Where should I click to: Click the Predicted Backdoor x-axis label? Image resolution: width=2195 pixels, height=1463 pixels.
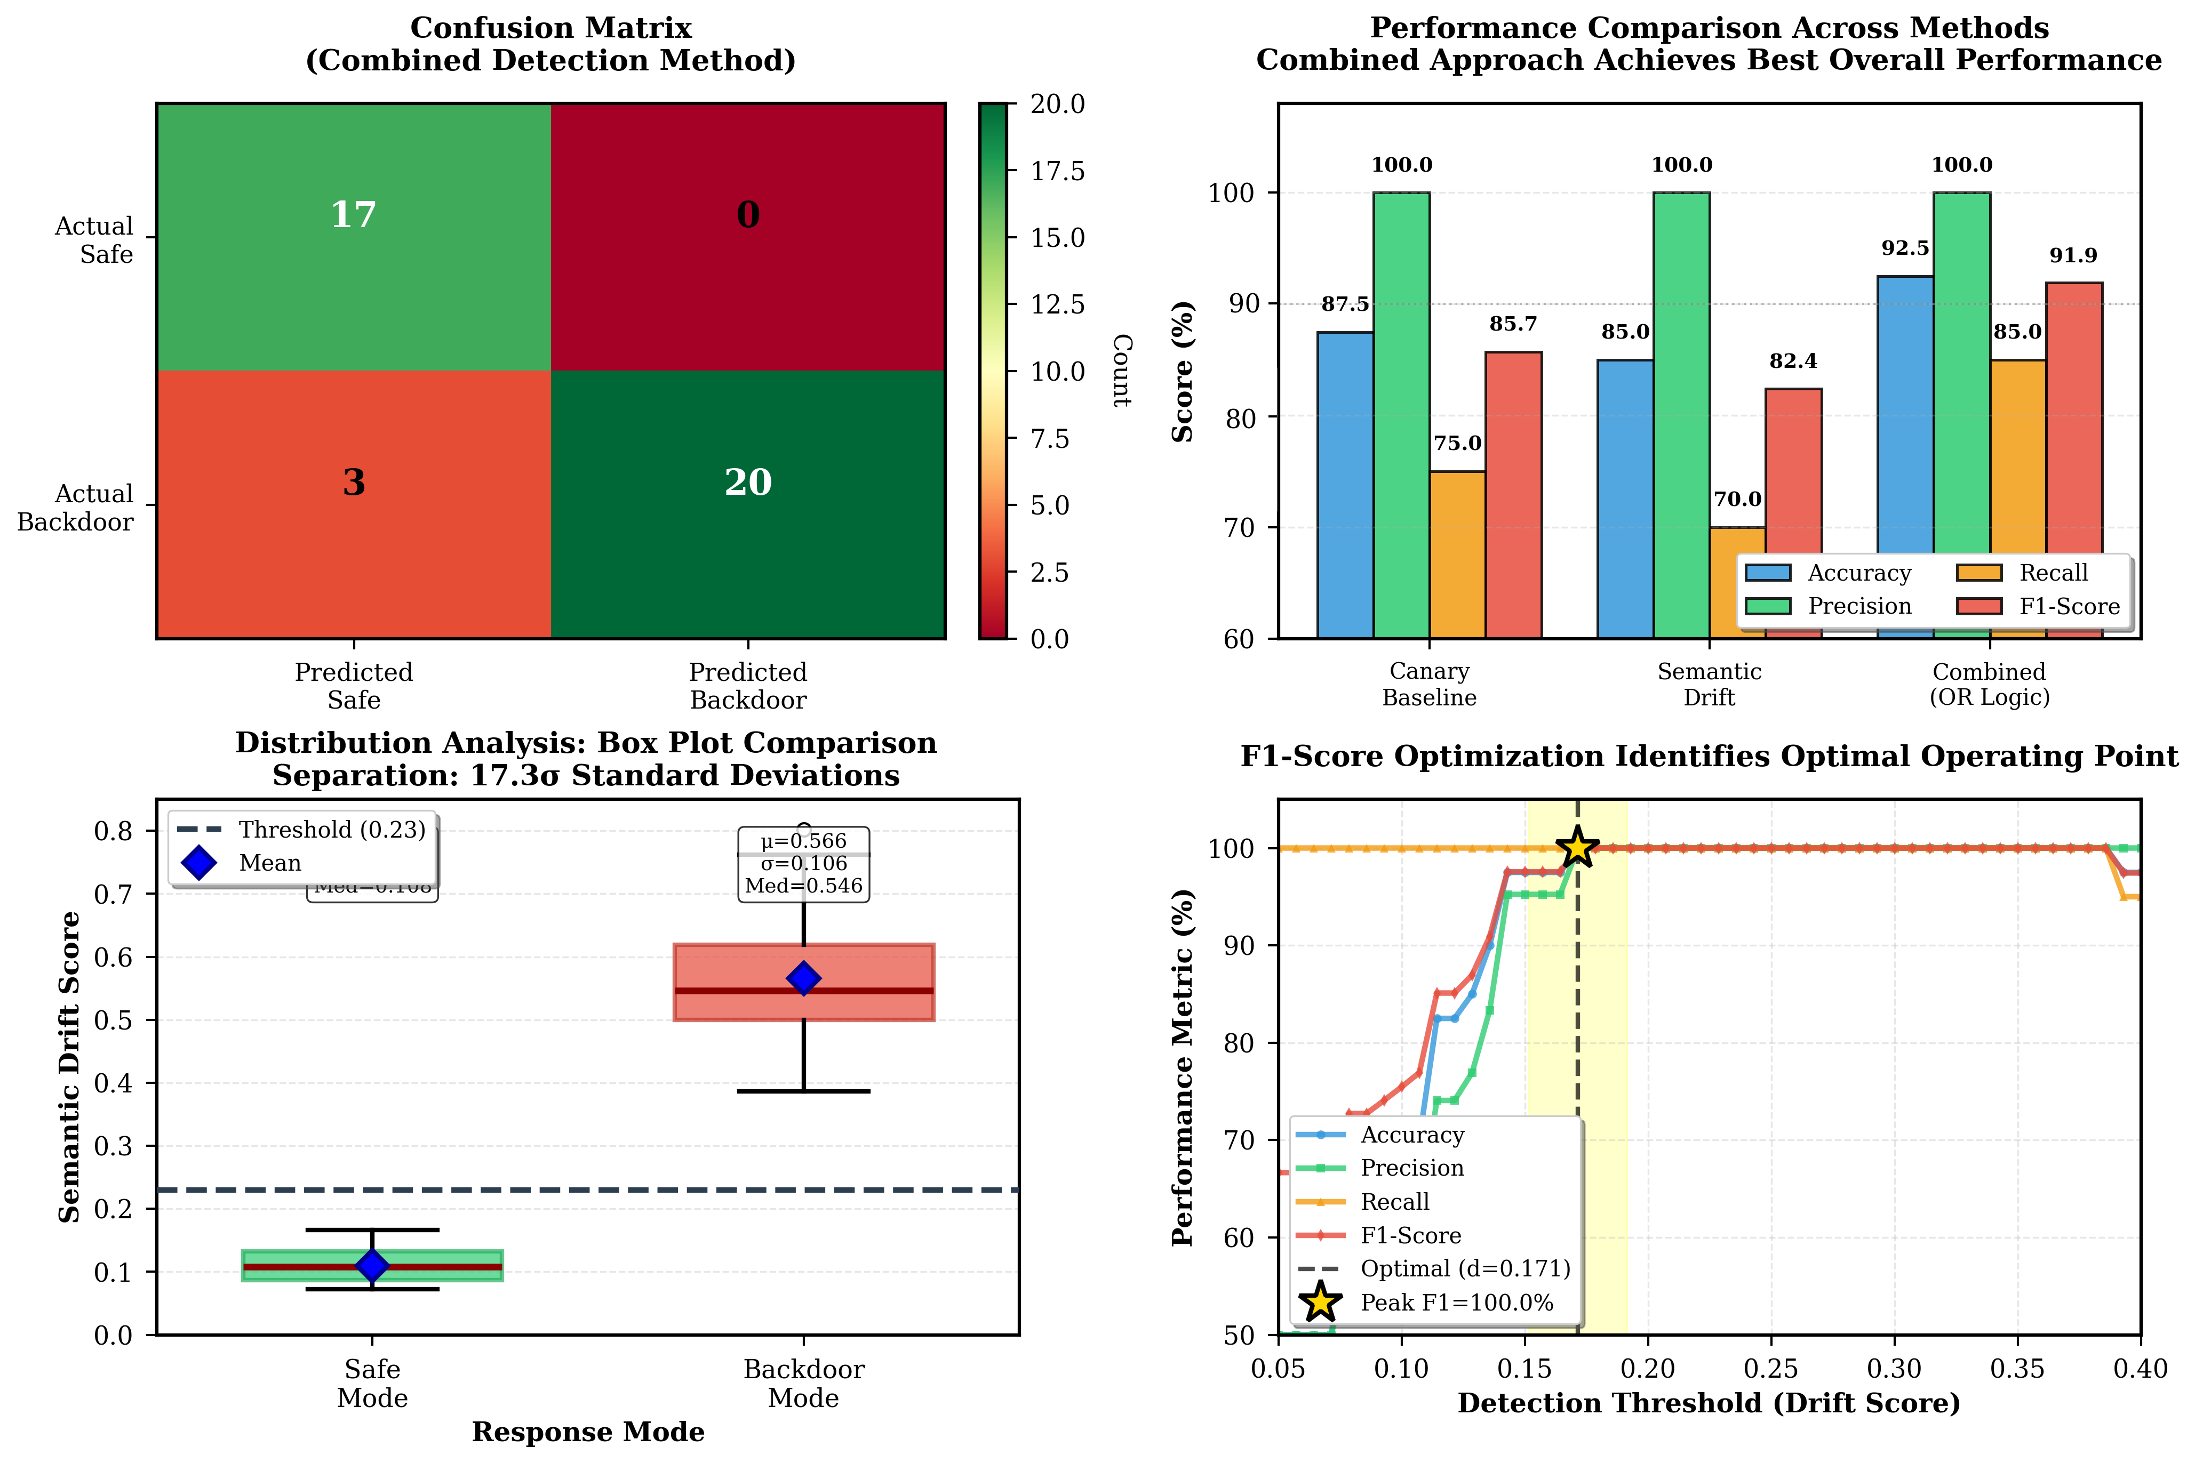pyautogui.click(x=747, y=686)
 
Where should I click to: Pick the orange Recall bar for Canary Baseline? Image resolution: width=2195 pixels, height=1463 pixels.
pyautogui.click(x=1457, y=554)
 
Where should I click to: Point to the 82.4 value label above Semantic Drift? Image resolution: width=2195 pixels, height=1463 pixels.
pyautogui.click(x=1793, y=361)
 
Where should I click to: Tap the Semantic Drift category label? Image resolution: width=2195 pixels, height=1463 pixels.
pyautogui.click(x=1709, y=684)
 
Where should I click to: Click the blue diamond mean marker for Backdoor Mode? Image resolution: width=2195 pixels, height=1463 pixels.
pyautogui.click(x=803, y=978)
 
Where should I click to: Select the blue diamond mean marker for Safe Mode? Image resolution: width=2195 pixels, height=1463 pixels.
pyautogui.click(x=372, y=1265)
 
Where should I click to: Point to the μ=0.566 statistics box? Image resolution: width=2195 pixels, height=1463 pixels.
pyautogui.click(x=803, y=864)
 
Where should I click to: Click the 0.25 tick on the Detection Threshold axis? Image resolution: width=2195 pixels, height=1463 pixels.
pyautogui.click(x=1770, y=1369)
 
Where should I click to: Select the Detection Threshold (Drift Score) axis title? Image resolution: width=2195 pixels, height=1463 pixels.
pyautogui.click(x=1709, y=1403)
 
